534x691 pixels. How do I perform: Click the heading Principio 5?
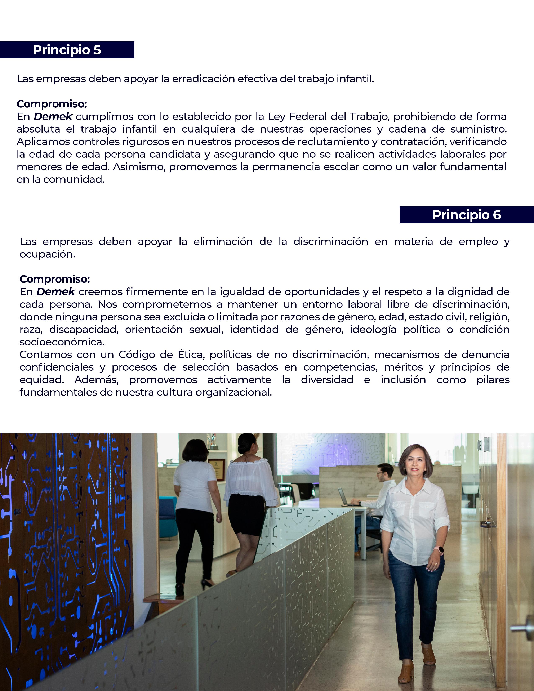coord(67,50)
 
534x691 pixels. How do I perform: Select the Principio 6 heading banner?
coord(466,215)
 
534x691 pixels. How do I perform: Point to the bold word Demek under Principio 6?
coord(56,292)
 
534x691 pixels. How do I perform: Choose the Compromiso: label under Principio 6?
coord(55,279)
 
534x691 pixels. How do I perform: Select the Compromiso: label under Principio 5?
coord(52,104)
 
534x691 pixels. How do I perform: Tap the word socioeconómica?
coord(62,342)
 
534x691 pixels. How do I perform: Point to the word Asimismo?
coord(139,167)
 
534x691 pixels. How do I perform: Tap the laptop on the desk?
coord(343,497)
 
